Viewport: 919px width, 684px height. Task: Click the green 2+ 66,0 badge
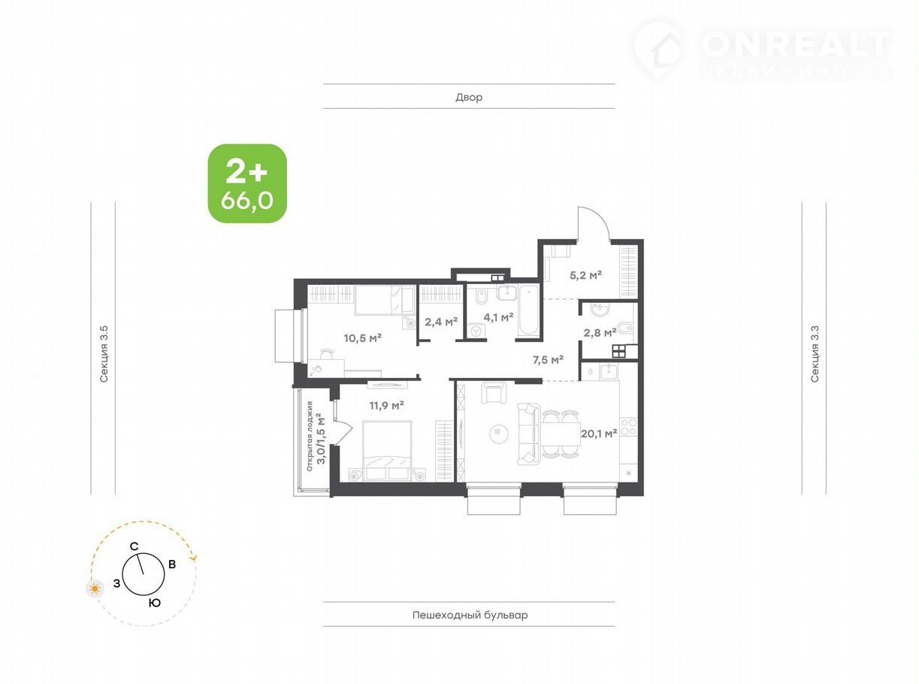coord(247,183)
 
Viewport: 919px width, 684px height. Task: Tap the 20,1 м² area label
coord(599,434)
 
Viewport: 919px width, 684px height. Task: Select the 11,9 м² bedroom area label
coord(386,405)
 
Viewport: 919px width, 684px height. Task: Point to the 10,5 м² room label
coord(362,337)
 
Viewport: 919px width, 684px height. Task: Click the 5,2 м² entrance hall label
coord(585,275)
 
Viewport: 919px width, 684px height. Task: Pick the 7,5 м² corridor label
coord(548,359)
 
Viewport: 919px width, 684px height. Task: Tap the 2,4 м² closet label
coord(441,321)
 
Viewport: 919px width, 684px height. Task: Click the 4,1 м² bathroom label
coord(498,317)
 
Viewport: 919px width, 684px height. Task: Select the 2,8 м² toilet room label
coord(600,332)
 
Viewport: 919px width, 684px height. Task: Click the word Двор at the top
coord(469,98)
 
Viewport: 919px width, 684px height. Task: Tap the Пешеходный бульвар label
coord(470,615)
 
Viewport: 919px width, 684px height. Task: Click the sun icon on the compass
coord(95,589)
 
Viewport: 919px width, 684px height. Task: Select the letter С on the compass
coord(134,546)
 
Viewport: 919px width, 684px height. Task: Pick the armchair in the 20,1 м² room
coord(494,392)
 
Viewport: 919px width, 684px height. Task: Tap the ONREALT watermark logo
coord(763,50)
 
